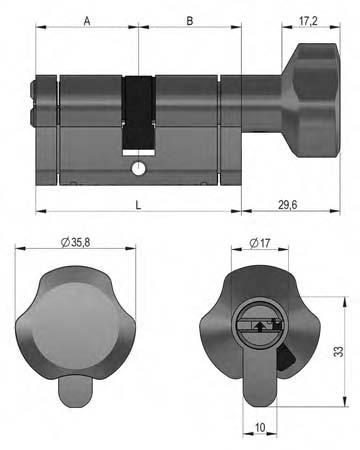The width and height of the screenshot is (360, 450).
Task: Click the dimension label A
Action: (87, 21)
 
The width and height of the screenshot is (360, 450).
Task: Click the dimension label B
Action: (190, 21)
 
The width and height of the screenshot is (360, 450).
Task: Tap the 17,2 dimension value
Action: (308, 21)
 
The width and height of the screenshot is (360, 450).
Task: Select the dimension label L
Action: (138, 205)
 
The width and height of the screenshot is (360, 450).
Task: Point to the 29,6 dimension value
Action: (288, 205)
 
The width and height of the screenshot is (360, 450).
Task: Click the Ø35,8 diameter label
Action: (75, 242)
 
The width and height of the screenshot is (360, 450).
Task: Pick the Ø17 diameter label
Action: (260, 243)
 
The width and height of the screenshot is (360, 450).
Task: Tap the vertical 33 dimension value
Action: (338, 351)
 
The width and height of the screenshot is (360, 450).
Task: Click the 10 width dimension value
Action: (260, 427)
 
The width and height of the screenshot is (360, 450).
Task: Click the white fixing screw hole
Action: (138, 168)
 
